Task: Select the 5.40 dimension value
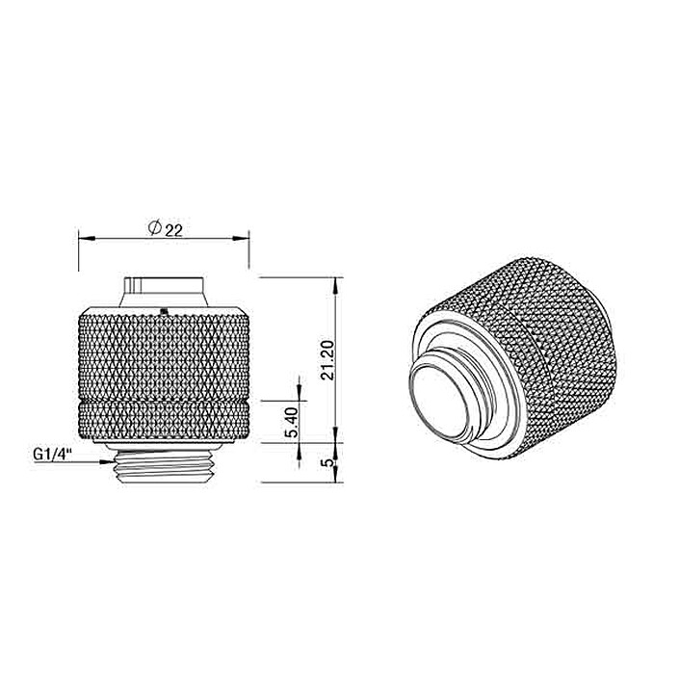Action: (x=293, y=422)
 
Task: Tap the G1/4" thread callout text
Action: (x=52, y=455)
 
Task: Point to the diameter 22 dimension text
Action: (x=166, y=228)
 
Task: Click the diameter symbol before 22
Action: (x=155, y=227)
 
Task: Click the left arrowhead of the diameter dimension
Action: (x=87, y=238)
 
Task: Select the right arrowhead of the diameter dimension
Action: (x=241, y=238)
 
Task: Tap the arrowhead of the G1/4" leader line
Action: (x=107, y=462)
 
